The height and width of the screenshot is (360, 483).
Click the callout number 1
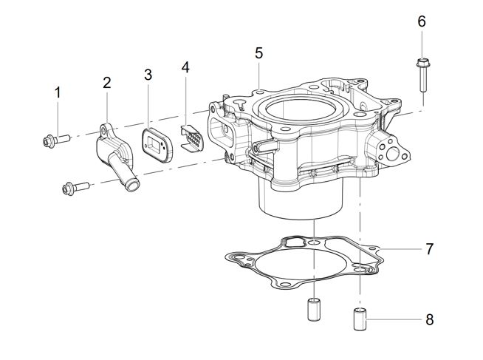click(57, 92)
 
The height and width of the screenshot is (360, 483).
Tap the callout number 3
click(148, 75)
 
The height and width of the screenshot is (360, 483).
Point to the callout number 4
click(185, 67)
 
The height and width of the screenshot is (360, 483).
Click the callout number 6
click(422, 21)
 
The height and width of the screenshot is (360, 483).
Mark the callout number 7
click(429, 249)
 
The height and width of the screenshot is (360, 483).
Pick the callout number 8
click(429, 320)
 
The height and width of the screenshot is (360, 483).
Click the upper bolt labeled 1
click(54, 138)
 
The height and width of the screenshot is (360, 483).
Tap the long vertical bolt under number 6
click(422, 77)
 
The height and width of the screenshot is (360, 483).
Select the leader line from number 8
click(395, 320)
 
